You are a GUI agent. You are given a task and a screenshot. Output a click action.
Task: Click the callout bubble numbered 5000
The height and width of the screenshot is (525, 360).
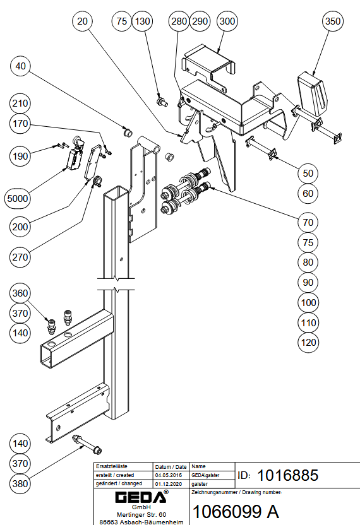(18, 199)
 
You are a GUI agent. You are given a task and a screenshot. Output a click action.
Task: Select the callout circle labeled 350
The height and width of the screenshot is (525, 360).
(332, 21)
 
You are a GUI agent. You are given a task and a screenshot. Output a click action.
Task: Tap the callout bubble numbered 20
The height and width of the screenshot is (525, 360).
(82, 21)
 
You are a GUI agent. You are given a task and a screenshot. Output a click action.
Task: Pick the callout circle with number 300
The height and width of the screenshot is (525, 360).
(227, 21)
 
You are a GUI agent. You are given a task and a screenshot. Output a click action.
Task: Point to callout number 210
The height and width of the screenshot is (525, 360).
(20, 103)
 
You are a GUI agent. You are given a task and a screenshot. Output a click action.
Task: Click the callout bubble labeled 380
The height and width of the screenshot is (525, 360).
(20, 483)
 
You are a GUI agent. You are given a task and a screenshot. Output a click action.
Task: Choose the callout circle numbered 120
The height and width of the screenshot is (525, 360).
(308, 342)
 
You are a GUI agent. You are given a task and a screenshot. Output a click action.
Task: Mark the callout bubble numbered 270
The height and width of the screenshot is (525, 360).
(20, 257)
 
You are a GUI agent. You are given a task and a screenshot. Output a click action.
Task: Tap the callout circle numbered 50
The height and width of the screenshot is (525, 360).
(308, 173)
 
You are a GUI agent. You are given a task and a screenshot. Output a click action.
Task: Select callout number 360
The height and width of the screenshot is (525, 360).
(20, 293)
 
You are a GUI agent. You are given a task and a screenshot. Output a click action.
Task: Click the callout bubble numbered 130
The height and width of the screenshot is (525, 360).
(143, 21)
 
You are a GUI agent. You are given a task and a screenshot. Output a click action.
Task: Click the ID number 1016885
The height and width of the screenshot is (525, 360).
(287, 475)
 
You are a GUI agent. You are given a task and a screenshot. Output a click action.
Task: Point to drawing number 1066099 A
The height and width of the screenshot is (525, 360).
(236, 511)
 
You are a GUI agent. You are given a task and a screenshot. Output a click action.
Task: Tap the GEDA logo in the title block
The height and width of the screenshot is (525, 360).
(141, 497)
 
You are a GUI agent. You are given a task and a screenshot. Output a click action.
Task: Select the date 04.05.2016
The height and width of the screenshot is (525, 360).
(168, 475)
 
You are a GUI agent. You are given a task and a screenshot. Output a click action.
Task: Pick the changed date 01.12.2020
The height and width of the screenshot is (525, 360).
(168, 484)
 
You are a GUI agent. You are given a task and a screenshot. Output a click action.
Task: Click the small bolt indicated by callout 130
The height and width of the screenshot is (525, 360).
(162, 101)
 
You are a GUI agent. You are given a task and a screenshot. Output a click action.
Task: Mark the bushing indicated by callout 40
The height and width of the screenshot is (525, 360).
(128, 132)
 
